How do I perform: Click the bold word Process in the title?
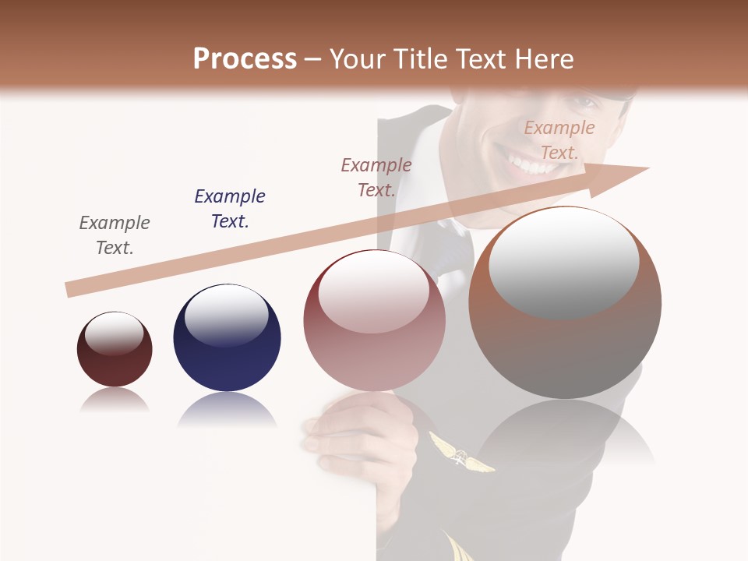click(245, 59)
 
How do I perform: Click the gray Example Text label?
click(115, 235)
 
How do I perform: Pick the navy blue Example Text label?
click(230, 209)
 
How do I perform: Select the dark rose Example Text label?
click(376, 178)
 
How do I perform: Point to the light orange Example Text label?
click(559, 140)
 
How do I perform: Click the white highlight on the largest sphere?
click(564, 261)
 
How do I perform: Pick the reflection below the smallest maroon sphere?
click(115, 400)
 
